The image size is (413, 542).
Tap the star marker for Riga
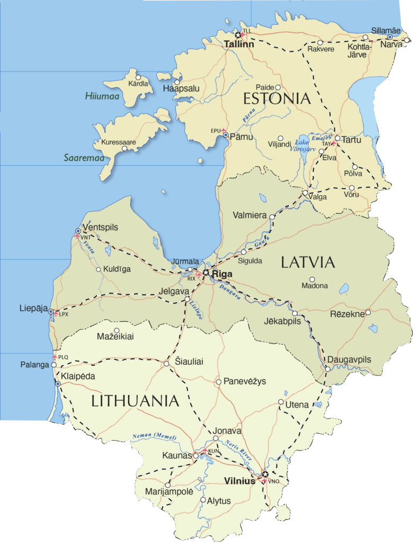click(205, 273)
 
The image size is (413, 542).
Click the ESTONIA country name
click(276, 98)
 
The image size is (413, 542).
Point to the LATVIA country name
click(308, 262)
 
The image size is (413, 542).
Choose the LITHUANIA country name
click(136, 401)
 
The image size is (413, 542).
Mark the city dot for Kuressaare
click(124, 149)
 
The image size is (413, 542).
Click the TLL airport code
click(247, 31)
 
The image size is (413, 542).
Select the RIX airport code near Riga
click(191, 278)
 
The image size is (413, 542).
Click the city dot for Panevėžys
click(218, 382)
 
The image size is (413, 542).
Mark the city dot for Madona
click(312, 279)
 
